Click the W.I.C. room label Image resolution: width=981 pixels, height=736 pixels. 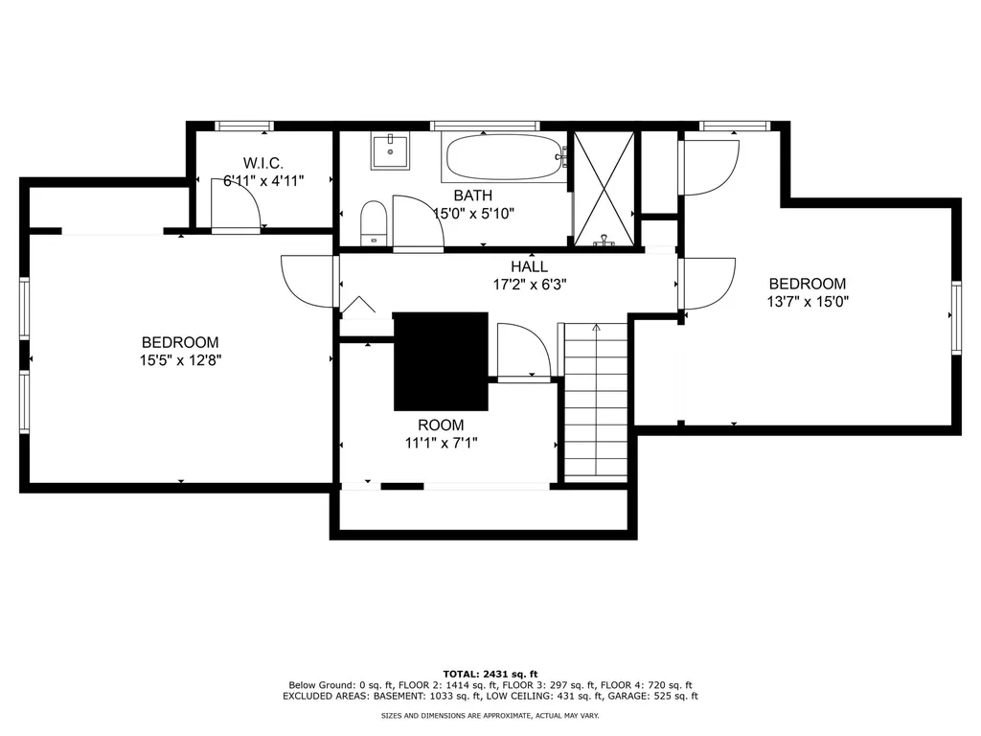263,163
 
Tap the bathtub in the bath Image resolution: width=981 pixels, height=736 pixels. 504,157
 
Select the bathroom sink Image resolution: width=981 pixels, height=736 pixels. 390,151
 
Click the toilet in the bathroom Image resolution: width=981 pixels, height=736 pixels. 375,223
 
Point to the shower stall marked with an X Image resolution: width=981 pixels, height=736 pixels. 604,188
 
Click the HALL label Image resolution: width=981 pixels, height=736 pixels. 529,266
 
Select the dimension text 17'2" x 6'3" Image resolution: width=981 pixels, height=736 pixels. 529,285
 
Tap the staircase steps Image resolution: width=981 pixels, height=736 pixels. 596,402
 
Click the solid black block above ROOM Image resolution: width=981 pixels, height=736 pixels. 441,361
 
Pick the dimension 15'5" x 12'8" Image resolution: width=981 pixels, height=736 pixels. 180,360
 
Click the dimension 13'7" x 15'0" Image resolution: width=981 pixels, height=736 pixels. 808,302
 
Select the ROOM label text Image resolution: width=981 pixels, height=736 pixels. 441,425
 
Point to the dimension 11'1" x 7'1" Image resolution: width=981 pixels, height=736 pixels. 441,443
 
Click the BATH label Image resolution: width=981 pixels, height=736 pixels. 473,195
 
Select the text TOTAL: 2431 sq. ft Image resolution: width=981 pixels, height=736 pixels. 490,674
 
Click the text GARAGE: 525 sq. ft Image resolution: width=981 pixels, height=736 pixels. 659,696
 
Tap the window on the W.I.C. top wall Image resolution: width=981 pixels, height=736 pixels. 244,126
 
